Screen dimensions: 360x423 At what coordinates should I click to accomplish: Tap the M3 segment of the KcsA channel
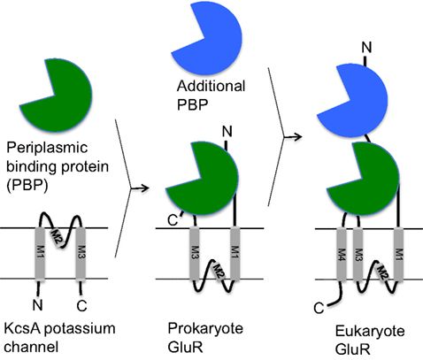[x=80, y=252]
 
